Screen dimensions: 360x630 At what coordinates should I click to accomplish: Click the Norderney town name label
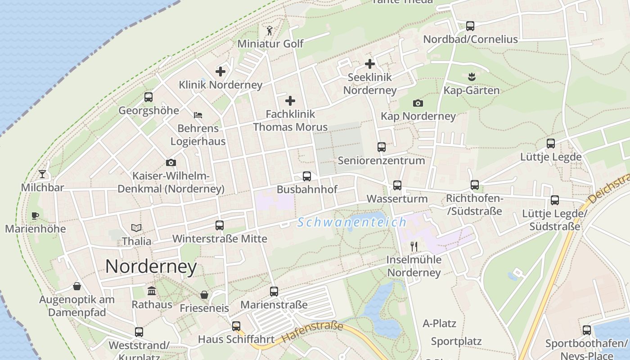point(151,267)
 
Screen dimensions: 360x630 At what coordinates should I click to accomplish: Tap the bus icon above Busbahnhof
point(307,176)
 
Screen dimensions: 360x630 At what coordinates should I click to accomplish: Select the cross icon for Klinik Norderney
point(220,71)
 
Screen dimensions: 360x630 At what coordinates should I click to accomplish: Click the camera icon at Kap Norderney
point(418,103)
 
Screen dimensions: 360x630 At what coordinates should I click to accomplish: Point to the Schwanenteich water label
point(352,222)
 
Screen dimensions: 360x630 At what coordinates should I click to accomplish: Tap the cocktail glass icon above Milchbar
point(42,174)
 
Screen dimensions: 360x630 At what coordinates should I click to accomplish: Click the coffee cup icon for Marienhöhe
point(35,216)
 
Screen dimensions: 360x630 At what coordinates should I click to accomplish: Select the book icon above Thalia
point(136,228)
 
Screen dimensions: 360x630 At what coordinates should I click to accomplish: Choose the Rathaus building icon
point(152,291)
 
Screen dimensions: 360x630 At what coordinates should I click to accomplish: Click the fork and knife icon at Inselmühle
point(414,246)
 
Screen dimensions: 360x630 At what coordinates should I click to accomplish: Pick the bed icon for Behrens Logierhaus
point(198,115)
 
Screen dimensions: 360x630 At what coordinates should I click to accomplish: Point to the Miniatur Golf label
point(270,44)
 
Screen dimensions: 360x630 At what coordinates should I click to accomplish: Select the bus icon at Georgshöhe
point(148,97)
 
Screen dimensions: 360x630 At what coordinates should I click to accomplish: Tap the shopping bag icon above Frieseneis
point(204,295)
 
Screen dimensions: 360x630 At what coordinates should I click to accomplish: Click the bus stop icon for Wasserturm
point(397,185)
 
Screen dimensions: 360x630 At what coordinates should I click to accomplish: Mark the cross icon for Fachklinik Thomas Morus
point(290,100)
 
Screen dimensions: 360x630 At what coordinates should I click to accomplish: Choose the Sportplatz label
point(456,341)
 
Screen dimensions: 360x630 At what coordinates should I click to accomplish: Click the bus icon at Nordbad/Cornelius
point(470,26)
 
